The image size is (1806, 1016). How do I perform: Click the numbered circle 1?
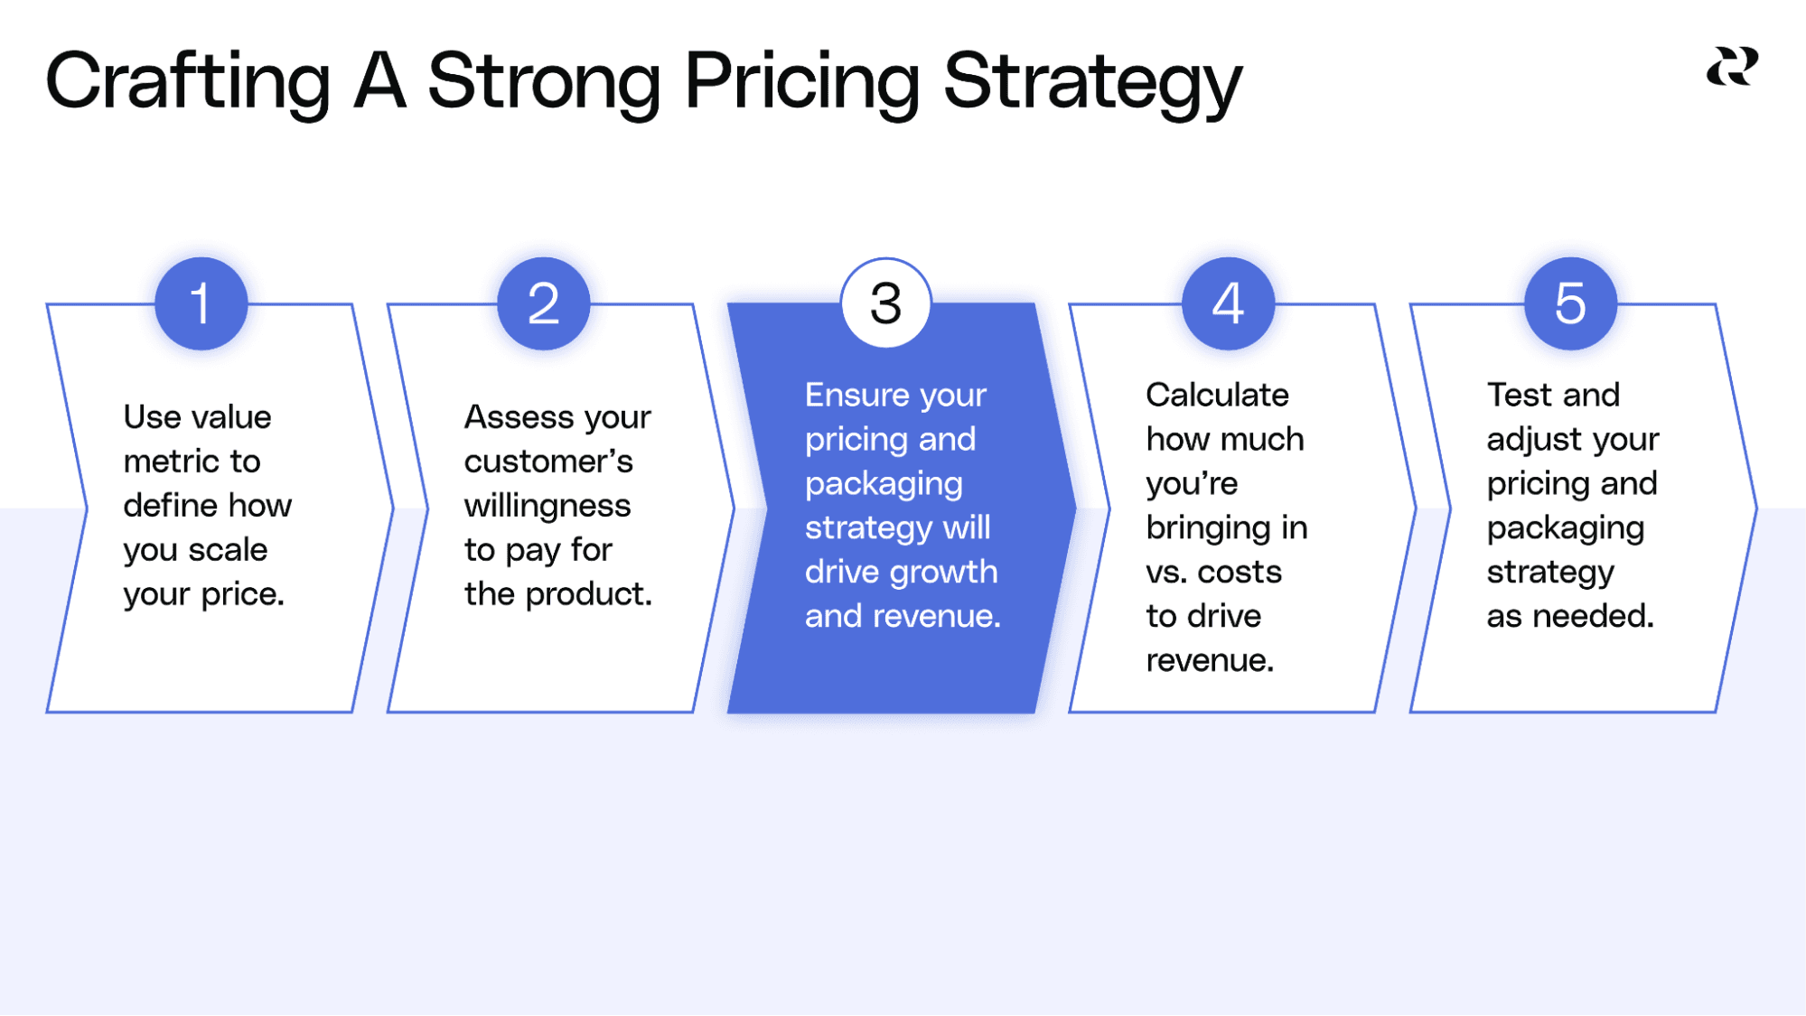pyautogui.click(x=201, y=303)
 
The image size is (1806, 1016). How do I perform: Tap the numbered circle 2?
pyautogui.click(x=543, y=303)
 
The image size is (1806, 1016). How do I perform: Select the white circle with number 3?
pyautogui.click(x=885, y=303)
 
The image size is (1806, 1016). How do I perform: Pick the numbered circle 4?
pyautogui.click(x=1228, y=303)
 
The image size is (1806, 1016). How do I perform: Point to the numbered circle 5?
pyautogui.click(x=1570, y=303)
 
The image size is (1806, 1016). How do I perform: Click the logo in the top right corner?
pyautogui.click(x=1732, y=68)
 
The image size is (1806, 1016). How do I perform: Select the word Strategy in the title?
pyautogui.click(x=1092, y=81)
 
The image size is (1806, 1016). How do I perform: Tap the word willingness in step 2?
pyautogui.click(x=547, y=506)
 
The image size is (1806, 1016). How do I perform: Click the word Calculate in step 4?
pyautogui.click(x=1217, y=395)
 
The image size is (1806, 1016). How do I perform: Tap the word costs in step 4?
pyautogui.click(x=1239, y=572)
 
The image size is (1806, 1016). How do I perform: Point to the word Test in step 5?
pyautogui.click(x=1520, y=395)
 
